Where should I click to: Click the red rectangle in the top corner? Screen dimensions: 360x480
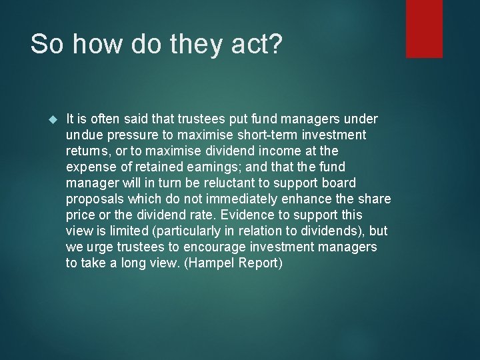424,28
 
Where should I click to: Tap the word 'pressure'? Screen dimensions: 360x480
129,135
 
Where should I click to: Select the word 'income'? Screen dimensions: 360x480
283,151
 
